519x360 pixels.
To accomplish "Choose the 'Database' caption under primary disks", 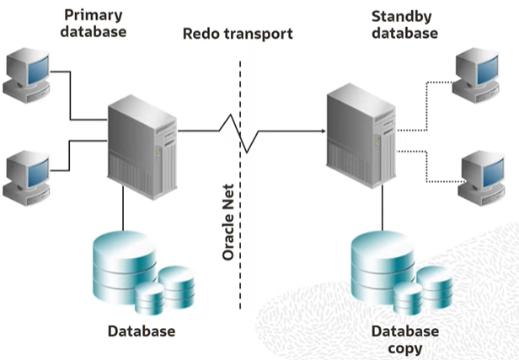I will click(142, 330).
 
